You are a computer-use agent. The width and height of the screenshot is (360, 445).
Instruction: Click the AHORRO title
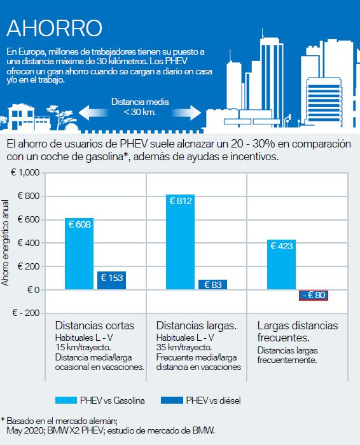pyautogui.click(x=54, y=28)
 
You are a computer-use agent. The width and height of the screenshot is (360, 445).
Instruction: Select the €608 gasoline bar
pyautogui.click(x=80, y=254)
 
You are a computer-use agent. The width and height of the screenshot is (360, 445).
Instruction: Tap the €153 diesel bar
pyautogui.click(x=111, y=280)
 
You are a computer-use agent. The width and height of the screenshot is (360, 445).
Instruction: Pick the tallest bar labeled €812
pyautogui.click(x=180, y=242)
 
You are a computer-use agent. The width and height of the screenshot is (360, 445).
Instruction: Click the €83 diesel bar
pyautogui.click(x=212, y=285)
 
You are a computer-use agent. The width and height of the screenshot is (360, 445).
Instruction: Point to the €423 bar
pyautogui.click(x=281, y=264)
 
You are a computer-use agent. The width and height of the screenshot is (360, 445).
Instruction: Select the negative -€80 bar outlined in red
pyautogui.click(x=314, y=295)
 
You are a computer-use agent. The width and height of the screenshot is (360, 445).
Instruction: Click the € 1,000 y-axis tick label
pyautogui.click(x=25, y=172)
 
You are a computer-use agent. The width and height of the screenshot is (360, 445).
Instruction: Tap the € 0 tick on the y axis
pyautogui.click(x=34, y=290)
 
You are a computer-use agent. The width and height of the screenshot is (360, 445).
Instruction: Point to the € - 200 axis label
pyautogui.click(x=26, y=313)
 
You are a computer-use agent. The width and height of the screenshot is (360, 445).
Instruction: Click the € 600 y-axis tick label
pyautogui.click(x=29, y=219)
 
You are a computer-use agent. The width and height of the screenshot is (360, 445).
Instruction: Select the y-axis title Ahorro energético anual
pyautogui.click(x=5, y=243)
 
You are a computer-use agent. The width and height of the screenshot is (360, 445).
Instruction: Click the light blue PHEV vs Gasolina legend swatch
pyautogui.click(x=66, y=400)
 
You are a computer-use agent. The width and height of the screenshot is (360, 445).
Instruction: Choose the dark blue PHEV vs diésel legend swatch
pyautogui.click(x=172, y=400)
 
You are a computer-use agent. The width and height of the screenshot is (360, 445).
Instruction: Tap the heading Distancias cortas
pyautogui.click(x=95, y=325)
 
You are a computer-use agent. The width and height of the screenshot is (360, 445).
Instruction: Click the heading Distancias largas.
pyautogui.click(x=196, y=325)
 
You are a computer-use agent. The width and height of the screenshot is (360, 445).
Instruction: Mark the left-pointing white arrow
pyautogui.click(x=93, y=113)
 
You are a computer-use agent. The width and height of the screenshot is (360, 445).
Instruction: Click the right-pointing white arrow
pyautogui.click(x=186, y=113)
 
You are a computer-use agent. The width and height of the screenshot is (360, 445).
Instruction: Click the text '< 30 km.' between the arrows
pyautogui.click(x=140, y=112)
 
